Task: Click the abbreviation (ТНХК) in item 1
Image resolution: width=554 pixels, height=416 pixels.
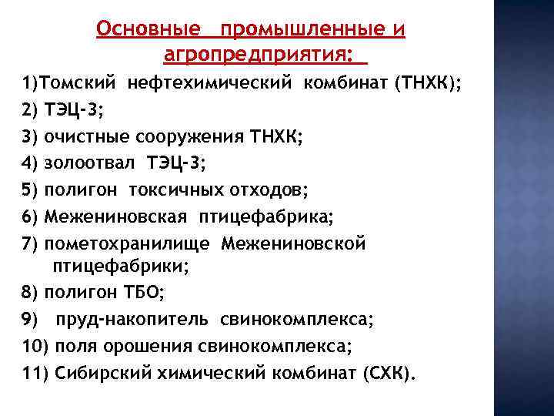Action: [x=426, y=82]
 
